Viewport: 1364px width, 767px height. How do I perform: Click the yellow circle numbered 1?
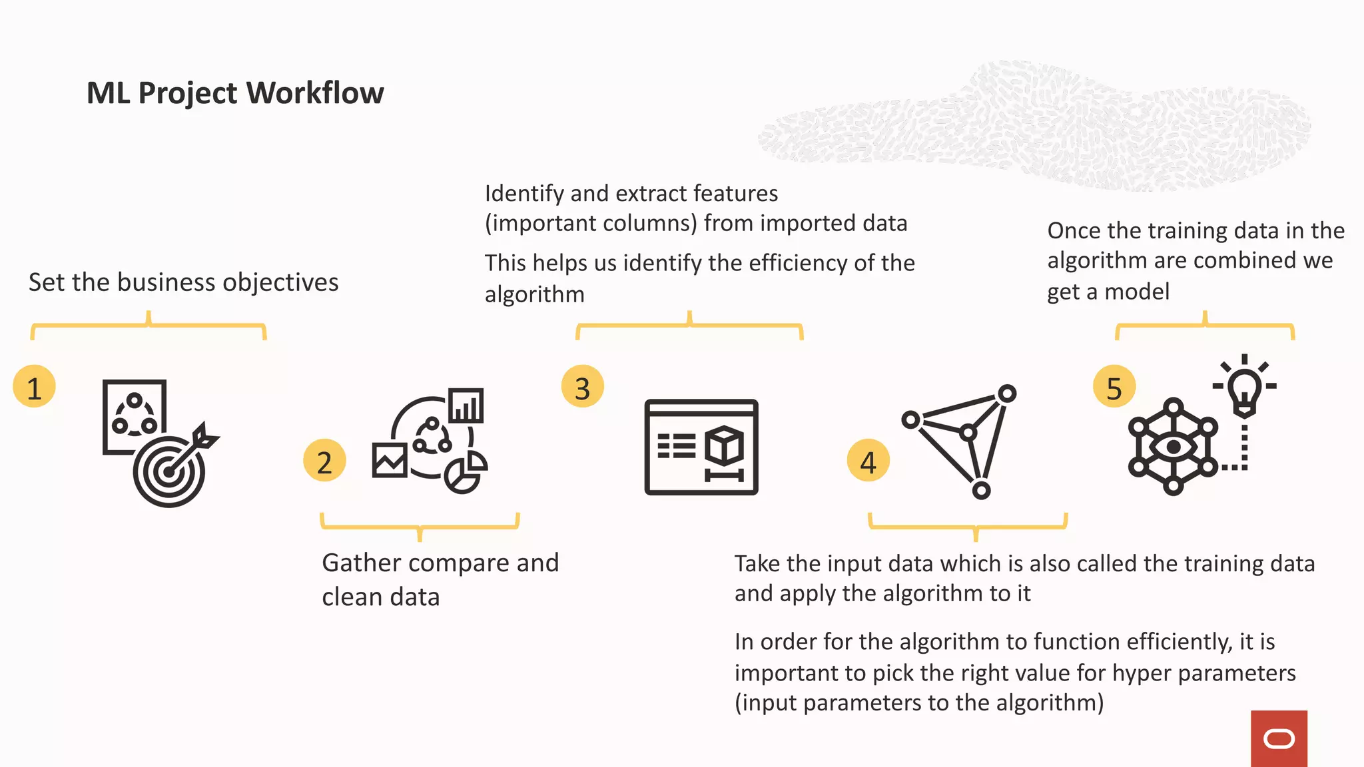click(x=34, y=387)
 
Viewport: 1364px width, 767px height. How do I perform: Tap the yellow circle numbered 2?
click(x=324, y=461)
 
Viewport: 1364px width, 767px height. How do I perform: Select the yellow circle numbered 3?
click(x=582, y=387)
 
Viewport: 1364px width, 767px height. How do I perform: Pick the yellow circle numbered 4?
click(x=868, y=461)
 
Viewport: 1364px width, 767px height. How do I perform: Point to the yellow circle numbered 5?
click(x=1114, y=387)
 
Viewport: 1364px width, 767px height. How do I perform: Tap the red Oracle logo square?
click(x=1279, y=738)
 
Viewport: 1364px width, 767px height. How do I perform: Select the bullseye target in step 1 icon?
click(x=169, y=472)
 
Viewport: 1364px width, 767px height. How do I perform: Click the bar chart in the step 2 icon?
click(x=466, y=405)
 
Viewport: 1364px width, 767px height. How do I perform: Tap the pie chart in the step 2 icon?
click(x=465, y=472)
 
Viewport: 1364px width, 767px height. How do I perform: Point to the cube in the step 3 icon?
click(x=724, y=446)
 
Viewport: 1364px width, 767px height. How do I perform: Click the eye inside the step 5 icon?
click(x=1173, y=446)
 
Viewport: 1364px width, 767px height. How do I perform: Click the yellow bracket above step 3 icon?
click(x=689, y=326)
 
